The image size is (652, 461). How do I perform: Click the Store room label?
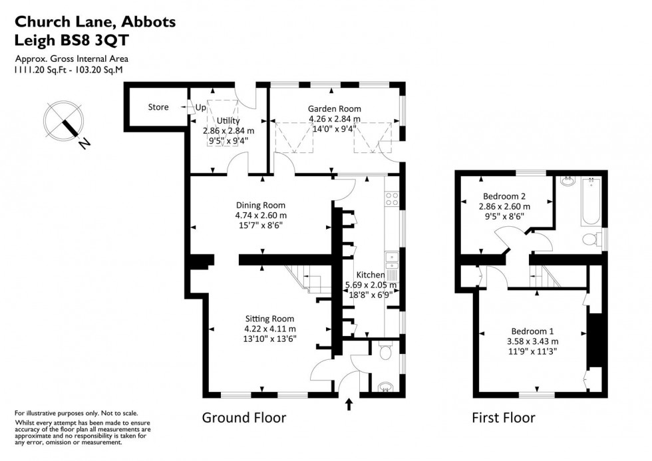(158, 107)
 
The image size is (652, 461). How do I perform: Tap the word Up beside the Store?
(200, 107)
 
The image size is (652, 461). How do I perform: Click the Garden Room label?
(334, 108)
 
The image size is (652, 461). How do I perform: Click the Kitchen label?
(370, 275)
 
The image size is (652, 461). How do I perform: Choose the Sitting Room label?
(269, 318)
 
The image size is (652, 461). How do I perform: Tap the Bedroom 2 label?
(504, 196)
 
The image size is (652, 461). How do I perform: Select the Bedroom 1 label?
(532, 331)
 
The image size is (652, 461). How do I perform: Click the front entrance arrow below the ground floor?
(349, 404)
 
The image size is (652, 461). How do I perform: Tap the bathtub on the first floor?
(591, 202)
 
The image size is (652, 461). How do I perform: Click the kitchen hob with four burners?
(391, 199)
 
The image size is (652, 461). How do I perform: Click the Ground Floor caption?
(244, 418)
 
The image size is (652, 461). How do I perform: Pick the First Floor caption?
(503, 418)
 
